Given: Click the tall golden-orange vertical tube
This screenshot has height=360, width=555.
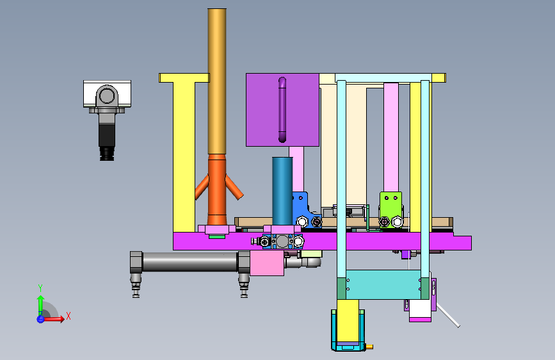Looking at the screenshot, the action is tap(216, 81).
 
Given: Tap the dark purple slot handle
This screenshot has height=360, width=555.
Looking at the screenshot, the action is tap(282, 110).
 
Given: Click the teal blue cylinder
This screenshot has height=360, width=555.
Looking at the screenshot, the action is tap(282, 192).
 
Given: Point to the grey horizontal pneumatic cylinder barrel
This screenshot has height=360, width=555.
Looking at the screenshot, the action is tap(189, 262).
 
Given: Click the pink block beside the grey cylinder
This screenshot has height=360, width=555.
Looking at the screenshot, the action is tap(267, 263).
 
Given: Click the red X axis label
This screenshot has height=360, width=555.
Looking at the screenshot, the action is tap(68, 316).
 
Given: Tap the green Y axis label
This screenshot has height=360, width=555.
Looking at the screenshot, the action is tap(40, 288).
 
